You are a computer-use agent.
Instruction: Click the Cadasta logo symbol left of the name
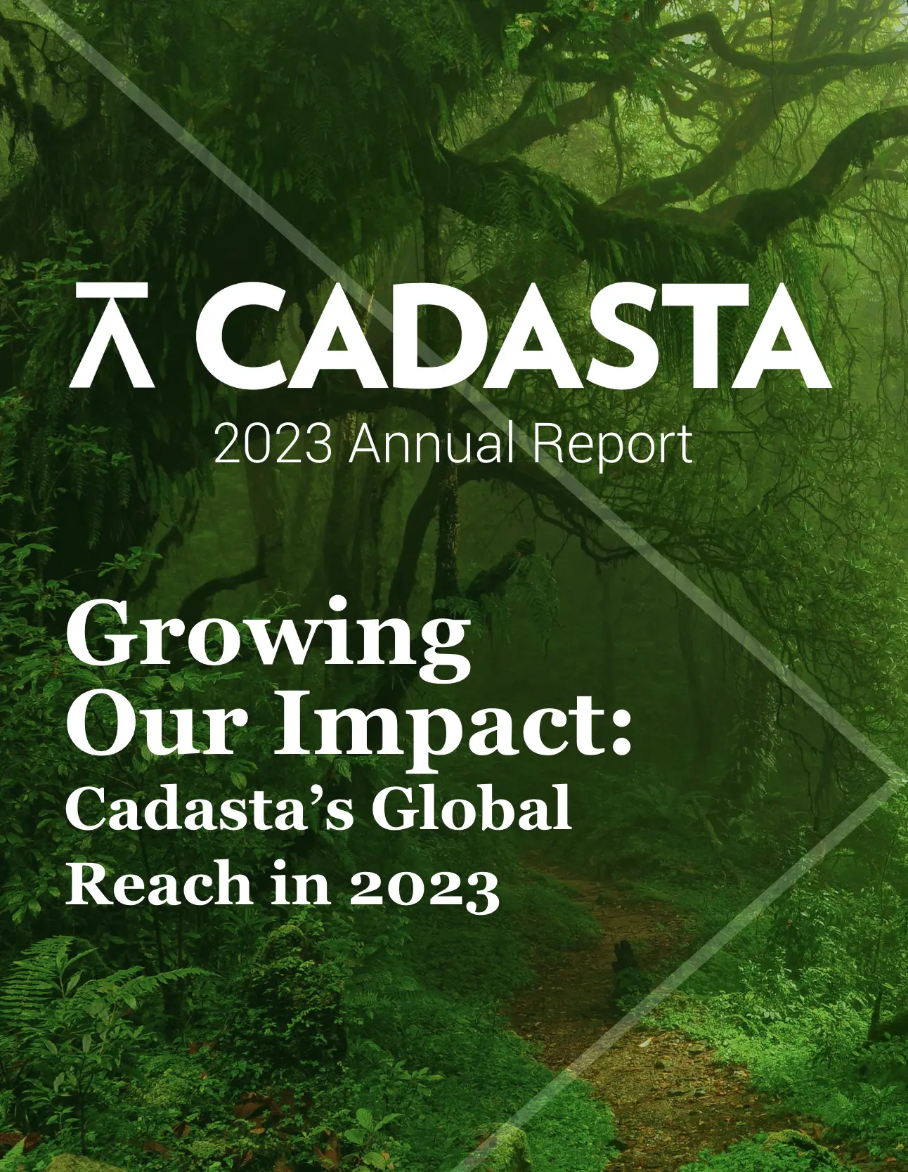pos(112,335)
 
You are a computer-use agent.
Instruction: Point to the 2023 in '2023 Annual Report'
pos(273,444)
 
